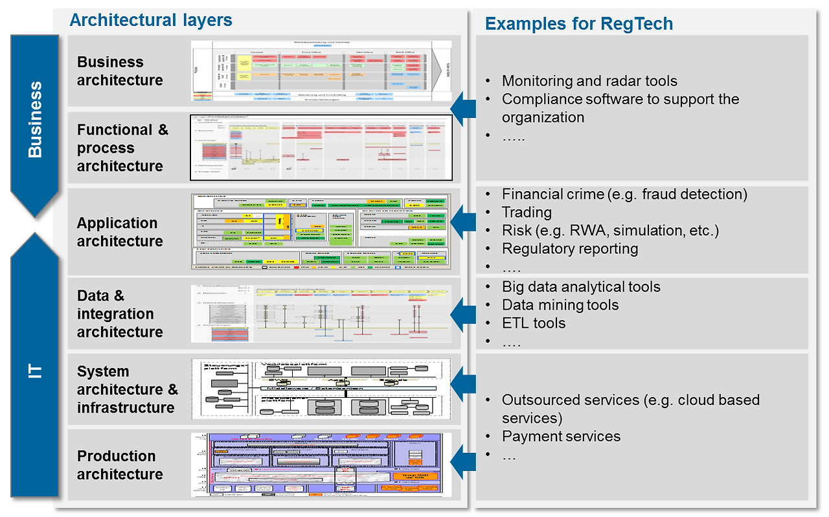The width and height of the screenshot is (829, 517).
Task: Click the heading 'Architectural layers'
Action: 150,20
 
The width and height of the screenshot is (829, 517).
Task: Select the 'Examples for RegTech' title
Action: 579,24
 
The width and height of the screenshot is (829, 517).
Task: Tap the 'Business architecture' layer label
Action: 120,71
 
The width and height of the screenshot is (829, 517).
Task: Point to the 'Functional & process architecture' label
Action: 122,148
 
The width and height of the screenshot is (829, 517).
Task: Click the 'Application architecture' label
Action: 119,232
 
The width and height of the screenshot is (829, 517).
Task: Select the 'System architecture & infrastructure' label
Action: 127,389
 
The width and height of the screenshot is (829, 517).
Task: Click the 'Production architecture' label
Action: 119,465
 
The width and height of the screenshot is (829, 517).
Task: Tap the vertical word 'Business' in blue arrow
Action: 35,120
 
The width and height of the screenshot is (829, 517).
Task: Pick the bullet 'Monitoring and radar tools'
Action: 589,81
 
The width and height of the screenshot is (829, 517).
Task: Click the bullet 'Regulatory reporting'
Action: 569,249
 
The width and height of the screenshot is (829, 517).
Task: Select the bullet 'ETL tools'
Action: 533,323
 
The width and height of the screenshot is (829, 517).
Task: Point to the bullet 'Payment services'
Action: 561,437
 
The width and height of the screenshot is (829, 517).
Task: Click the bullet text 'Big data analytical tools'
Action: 580,287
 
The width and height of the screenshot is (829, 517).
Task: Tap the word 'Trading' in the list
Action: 527,213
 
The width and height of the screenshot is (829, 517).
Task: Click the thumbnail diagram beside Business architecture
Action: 319,71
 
